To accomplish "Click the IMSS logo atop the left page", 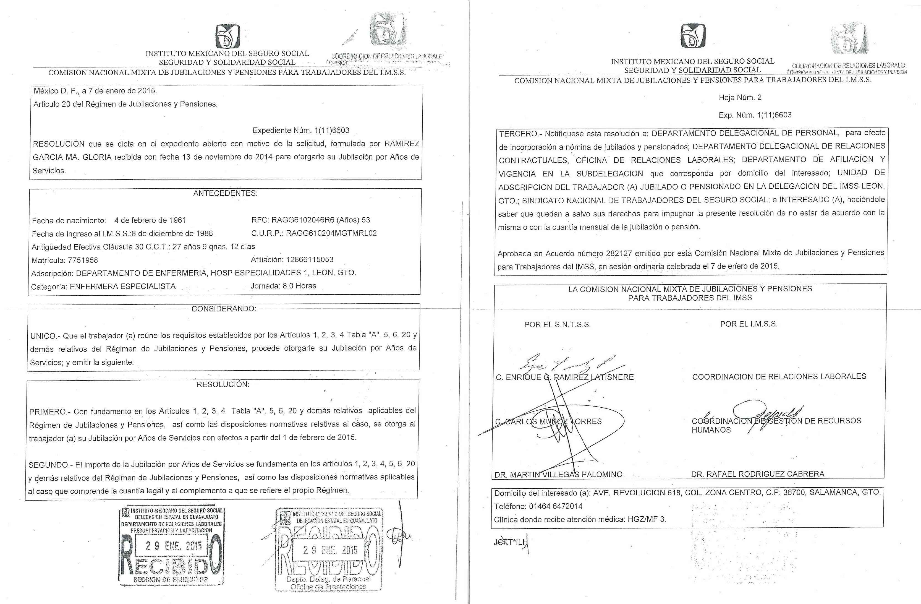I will (228, 37).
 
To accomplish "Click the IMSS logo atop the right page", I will (693, 36).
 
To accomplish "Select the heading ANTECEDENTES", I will (225, 193).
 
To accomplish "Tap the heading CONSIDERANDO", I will (224, 309).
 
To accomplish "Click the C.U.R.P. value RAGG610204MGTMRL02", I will (331, 233).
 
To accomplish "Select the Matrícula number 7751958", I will (83, 260).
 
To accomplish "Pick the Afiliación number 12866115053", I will (309, 259).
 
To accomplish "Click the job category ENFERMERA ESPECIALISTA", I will (123, 286).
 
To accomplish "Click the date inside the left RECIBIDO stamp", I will (174, 546).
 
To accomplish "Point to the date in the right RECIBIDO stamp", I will (330, 550).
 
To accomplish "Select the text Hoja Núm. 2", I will (740, 98).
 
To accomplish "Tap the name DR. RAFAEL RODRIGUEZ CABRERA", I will (757, 474).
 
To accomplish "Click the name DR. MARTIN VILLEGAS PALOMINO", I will (558, 474).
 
